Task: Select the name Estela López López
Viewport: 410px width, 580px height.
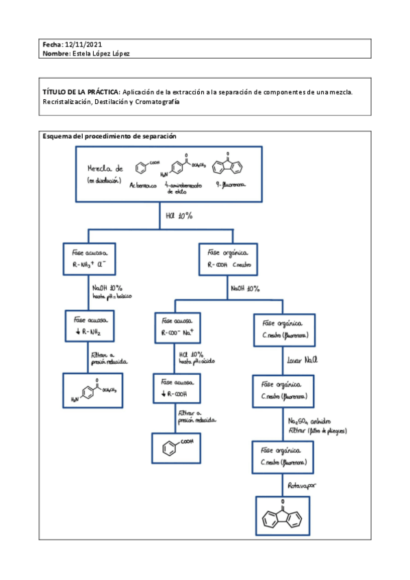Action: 101,53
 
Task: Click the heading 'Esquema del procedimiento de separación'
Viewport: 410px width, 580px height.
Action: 110,136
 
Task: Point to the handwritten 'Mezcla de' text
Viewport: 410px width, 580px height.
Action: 105,168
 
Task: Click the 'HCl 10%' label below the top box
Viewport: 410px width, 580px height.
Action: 179,216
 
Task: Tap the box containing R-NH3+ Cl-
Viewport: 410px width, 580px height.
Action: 94,258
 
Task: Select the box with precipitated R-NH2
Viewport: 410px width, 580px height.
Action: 94,326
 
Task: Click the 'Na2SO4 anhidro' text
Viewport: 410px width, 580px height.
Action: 311,423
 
